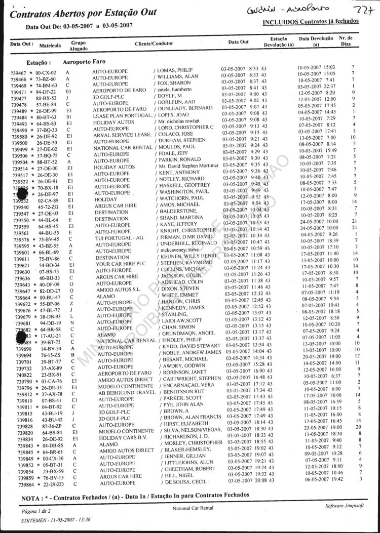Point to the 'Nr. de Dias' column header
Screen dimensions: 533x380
(346, 41)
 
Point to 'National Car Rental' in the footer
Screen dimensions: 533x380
(193, 508)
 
